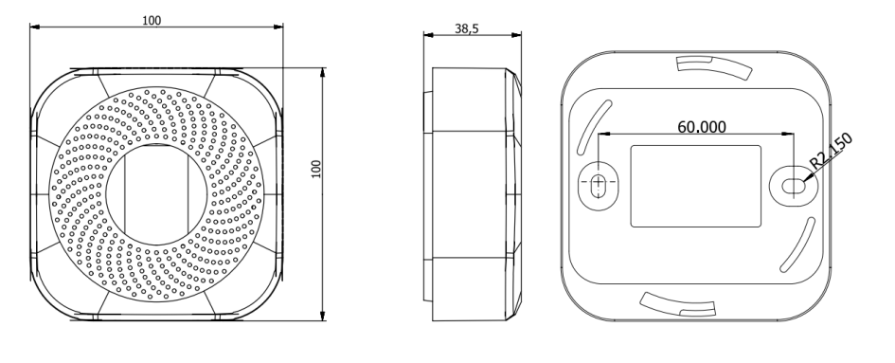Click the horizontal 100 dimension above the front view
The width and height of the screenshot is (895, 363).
(x=152, y=21)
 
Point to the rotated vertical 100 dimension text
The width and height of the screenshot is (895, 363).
(x=316, y=169)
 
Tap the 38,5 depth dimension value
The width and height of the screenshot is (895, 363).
(x=466, y=28)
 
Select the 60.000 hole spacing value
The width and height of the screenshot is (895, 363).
(x=702, y=126)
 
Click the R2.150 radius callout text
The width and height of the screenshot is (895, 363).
(x=832, y=150)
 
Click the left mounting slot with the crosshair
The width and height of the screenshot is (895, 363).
(x=599, y=185)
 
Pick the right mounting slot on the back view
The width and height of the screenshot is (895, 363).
(x=793, y=185)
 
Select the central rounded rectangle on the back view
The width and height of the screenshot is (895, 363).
(x=695, y=186)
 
